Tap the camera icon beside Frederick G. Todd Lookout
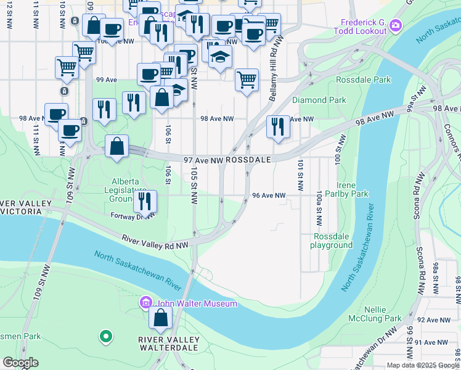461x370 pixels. click(x=396, y=26)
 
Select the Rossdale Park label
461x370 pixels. click(x=364, y=80)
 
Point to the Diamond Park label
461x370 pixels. click(x=319, y=100)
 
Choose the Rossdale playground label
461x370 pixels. click(x=333, y=240)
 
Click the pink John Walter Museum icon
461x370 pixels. click(x=146, y=303)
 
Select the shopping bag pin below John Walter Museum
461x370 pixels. click(x=161, y=318)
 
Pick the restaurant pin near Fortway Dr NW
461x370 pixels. click(x=145, y=200)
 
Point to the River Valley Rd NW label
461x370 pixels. click(x=155, y=241)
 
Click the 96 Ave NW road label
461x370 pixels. click(x=269, y=195)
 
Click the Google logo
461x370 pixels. click(x=20, y=363)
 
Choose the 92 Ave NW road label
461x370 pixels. click(x=432, y=320)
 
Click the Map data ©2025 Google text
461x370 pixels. click(x=422, y=365)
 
